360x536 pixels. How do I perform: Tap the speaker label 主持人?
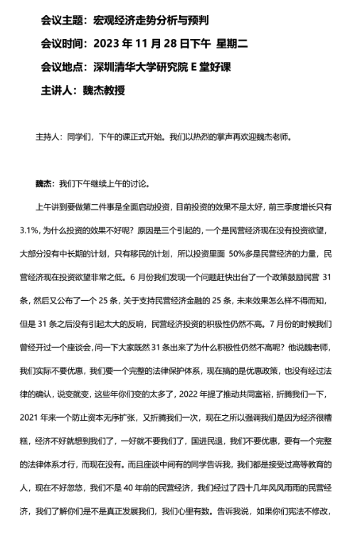click(47, 136)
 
